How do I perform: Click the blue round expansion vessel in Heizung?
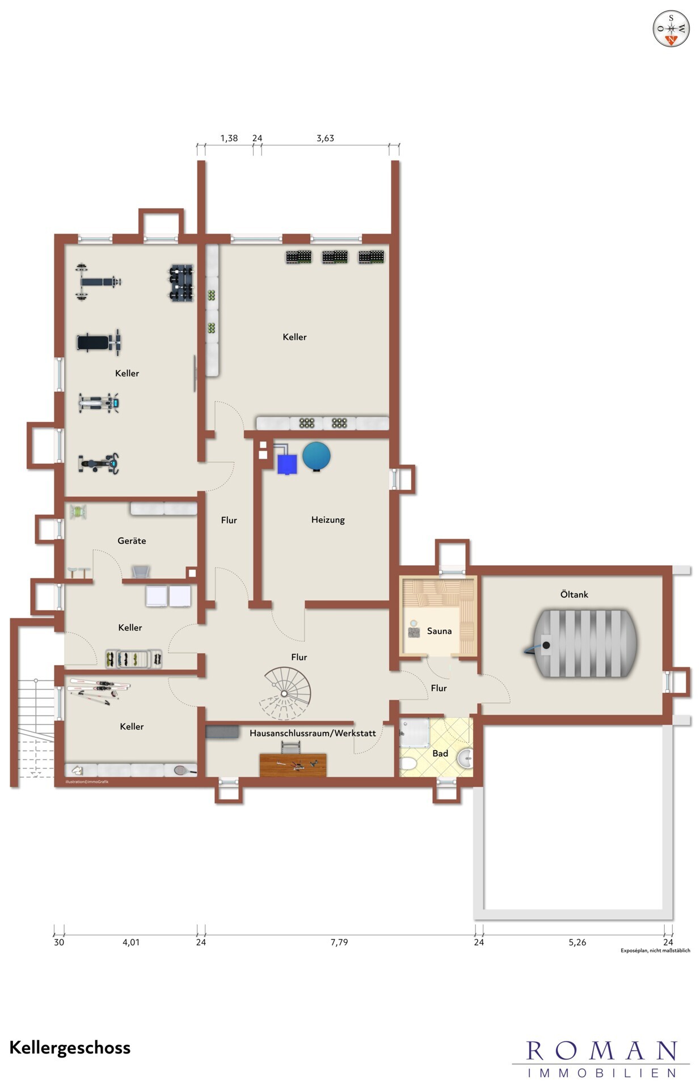coord(316,456)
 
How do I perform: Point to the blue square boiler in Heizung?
coord(287,464)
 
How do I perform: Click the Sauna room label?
coord(439,630)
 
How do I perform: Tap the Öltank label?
coord(574,594)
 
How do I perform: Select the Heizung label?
coord(328,519)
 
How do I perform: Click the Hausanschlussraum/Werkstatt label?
coord(313,733)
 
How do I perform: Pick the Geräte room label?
coord(132,541)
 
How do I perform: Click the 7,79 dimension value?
coord(339,942)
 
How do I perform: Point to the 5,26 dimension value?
coord(577,942)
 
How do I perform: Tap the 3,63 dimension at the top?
coord(325,138)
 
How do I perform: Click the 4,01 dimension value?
coord(131,942)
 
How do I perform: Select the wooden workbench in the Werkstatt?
coord(293,765)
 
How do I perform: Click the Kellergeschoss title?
coord(70,1048)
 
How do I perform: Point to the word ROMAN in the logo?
coord(601,1051)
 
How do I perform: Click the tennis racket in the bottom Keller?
coord(185,770)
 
